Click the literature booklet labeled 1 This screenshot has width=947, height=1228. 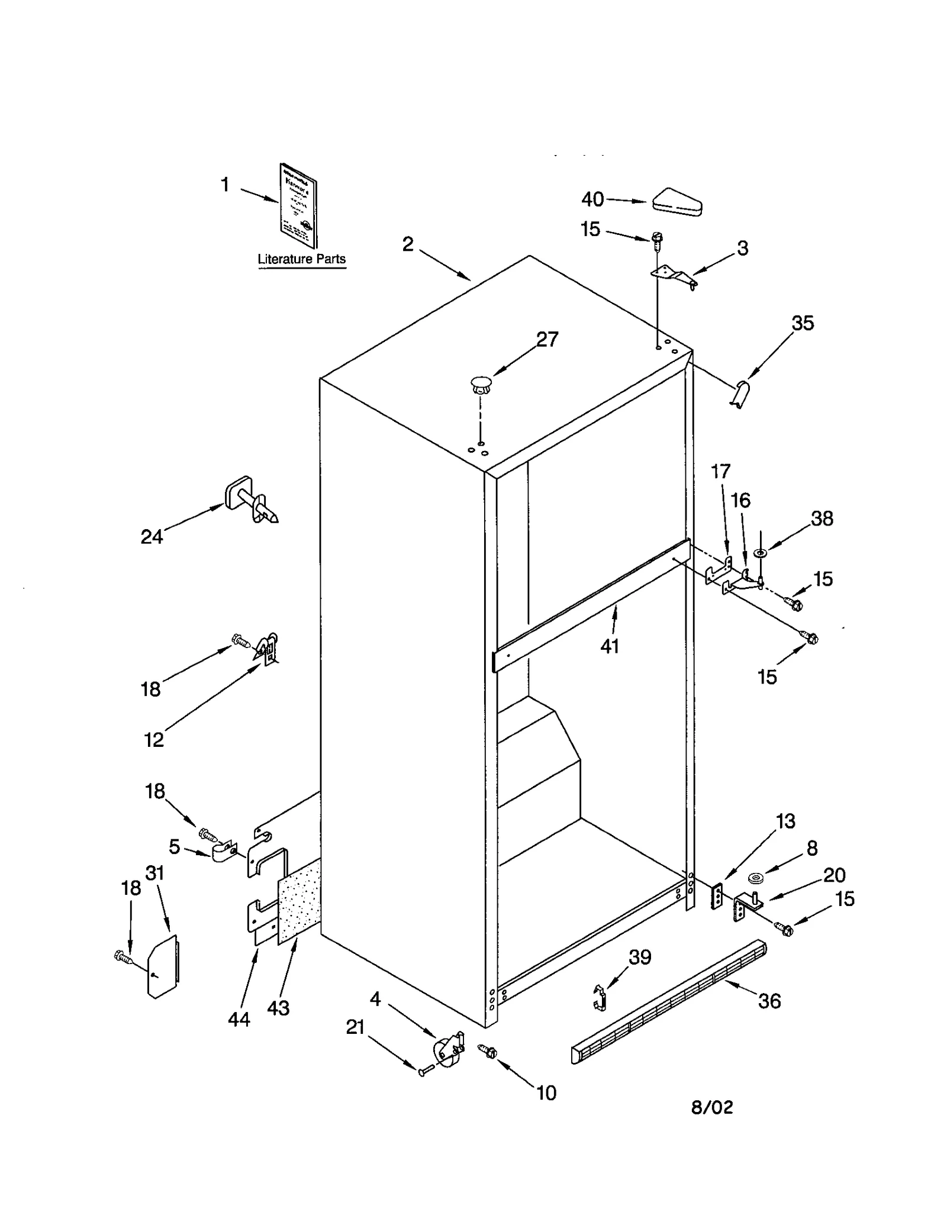[298, 205]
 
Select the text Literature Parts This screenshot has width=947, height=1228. [301, 259]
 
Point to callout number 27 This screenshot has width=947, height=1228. [547, 339]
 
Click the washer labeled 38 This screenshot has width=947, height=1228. [760, 553]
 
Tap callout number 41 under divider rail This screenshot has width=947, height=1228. [610, 646]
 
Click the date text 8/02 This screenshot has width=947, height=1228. [712, 1107]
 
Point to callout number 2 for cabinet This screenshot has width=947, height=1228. [408, 244]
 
